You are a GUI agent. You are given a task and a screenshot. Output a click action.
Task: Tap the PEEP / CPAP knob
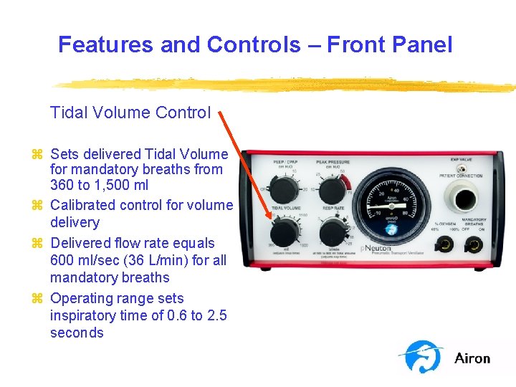pyautogui.click(x=287, y=191)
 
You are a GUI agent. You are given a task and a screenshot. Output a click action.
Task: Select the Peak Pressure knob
pyautogui.click(x=332, y=191)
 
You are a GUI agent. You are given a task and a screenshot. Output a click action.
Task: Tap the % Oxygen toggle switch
pyautogui.click(x=444, y=245)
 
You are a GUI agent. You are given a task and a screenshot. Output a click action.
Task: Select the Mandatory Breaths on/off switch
pyautogui.click(x=474, y=245)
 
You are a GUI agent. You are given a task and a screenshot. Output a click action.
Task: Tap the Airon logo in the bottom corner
pyautogui.click(x=444, y=357)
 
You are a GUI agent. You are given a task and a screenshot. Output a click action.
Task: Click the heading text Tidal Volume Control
pyautogui.click(x=130, y=113)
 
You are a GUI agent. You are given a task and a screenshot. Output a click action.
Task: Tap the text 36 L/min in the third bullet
pyautogui.click(x=155, y=260)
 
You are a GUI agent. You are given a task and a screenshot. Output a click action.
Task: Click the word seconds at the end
pyautogui.click(x=77, y=333)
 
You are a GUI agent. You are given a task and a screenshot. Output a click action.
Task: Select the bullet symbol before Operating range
pyautogui.click(x=37, y=299)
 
